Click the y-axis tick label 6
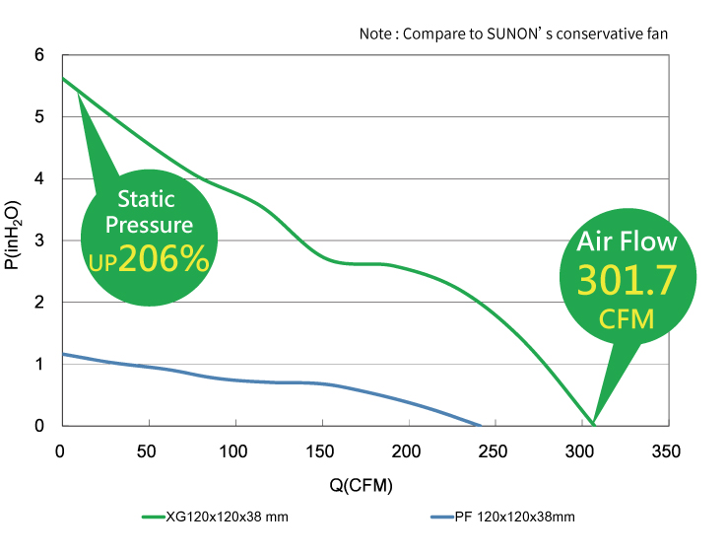40,55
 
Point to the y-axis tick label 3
40,241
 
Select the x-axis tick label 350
666,451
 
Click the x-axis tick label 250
494,451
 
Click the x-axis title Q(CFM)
363,486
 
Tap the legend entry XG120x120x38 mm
227,517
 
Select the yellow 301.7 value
627,282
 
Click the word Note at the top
375,34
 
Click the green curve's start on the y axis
62,78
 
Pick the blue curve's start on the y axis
62,353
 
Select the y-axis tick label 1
40,365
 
